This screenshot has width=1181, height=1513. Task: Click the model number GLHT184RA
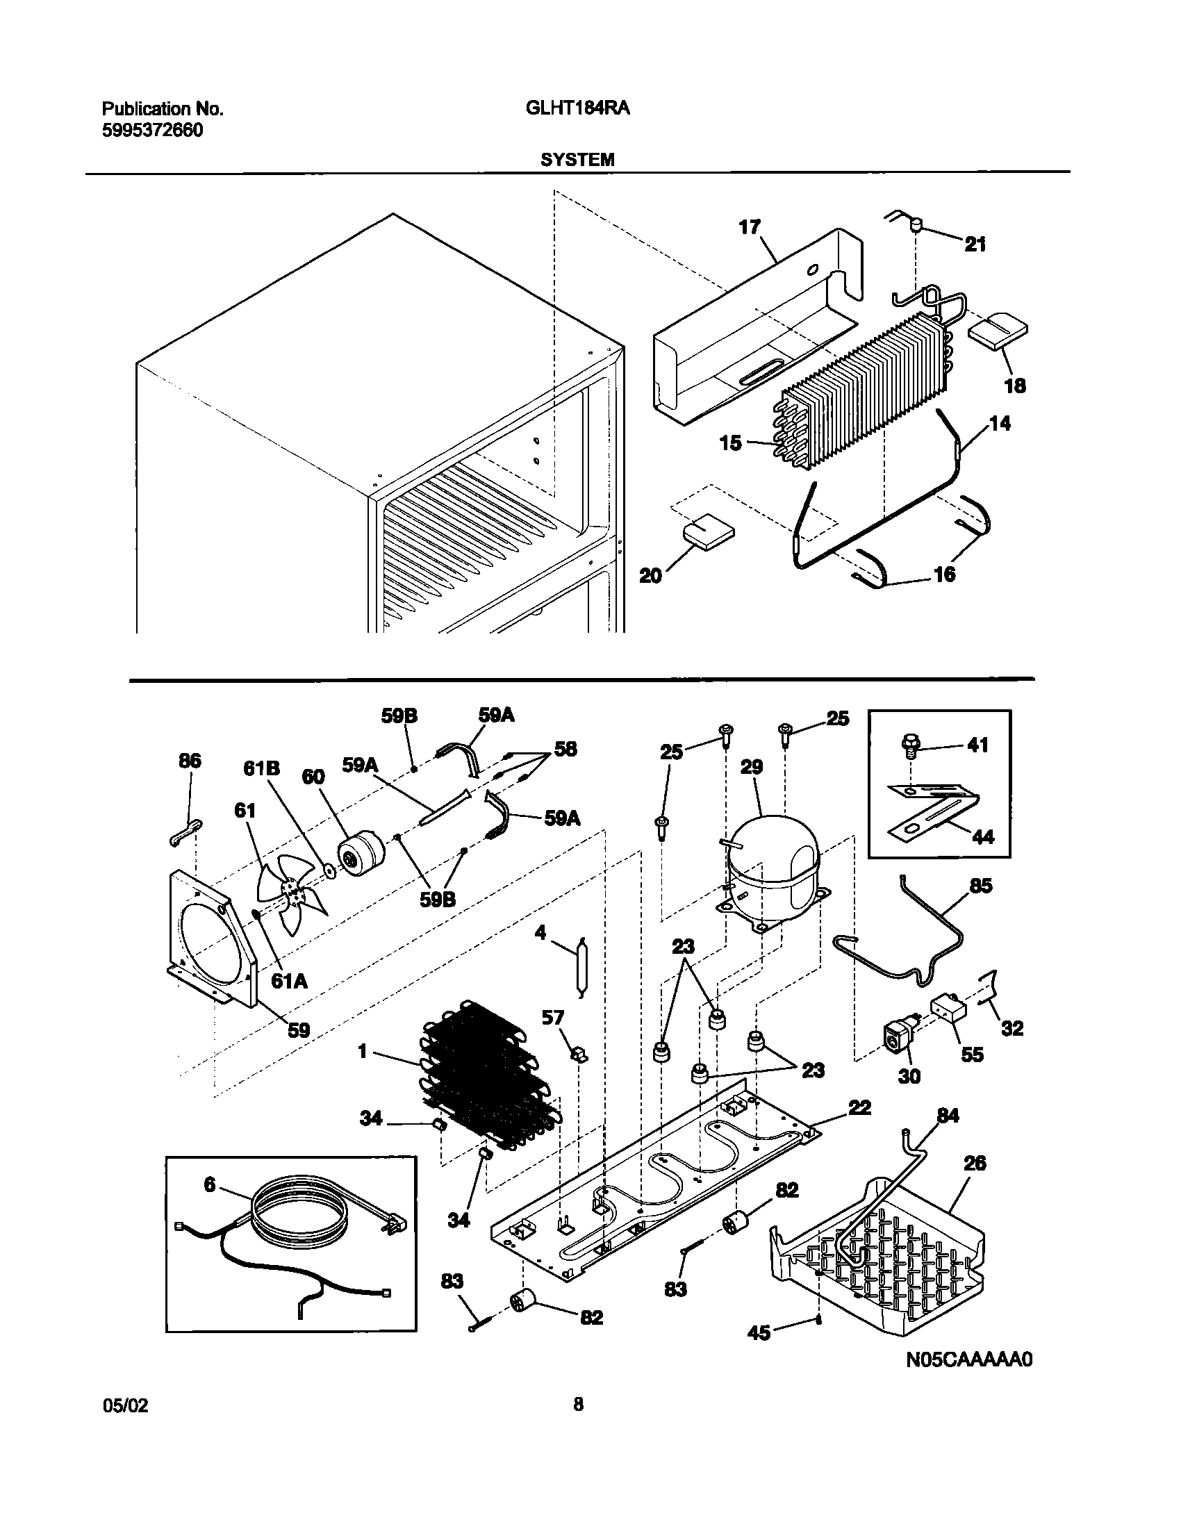tap(573, 109)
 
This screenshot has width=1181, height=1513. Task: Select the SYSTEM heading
tap(577, 160)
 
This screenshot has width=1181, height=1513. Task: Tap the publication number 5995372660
tap(152, 130)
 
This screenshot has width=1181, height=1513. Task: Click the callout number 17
tap(750, 227)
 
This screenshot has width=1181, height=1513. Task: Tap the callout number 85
tap(981, 886)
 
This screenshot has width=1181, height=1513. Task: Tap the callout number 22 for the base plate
tap(859, 1108)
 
